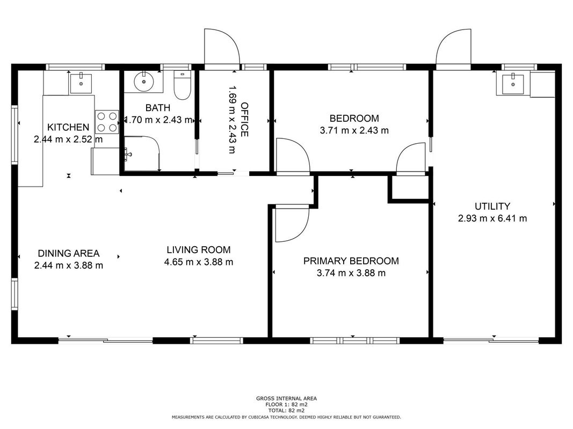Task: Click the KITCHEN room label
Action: tap(68, 127)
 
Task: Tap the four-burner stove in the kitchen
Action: tap(107, 122)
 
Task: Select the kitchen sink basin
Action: tap(81, 83)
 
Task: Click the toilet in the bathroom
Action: tap(182, 85)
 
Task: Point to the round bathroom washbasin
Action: tap(144, 82)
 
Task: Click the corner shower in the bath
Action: tap(142, 153)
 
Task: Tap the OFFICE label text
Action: tap(244, 120)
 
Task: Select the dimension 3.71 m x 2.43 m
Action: tap(354, 130)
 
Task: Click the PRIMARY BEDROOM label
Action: tap(351, 261)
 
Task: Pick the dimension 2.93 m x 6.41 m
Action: tap(492, 218)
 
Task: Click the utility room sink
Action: tap(513, 85)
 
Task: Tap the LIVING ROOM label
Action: tap(199, 250)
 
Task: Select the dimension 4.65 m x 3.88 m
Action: tap(199, 262)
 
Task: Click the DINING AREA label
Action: tap(69, 253)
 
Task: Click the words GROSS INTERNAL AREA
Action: tap(287, 398)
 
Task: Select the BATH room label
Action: tap(158, 108)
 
